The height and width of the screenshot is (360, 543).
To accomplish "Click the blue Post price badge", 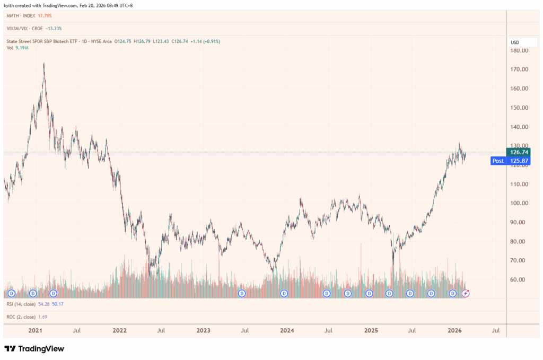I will (x=498, y=161).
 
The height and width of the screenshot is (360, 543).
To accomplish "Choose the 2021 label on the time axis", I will (x=36, y=330).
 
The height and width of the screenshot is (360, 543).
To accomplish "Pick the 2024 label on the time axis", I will (x=287, y=330).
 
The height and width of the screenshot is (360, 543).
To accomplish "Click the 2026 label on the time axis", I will (x=454, y=330).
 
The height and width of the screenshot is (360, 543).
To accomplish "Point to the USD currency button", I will (x=515, y=42).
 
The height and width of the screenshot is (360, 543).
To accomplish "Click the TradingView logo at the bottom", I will (x=34, y=348).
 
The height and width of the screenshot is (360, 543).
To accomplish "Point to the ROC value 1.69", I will (x=43, y=317).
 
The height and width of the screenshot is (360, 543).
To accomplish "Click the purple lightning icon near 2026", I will (x=466, y=293).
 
